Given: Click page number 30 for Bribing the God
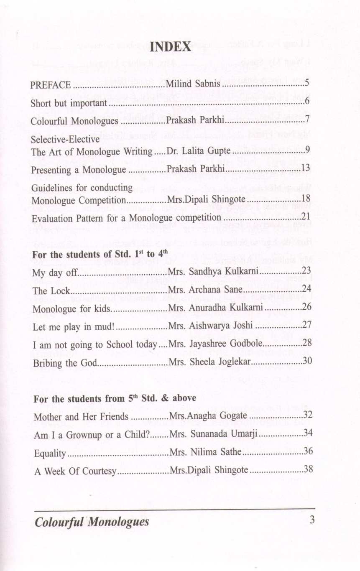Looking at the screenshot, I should pyautogui.click(x=307, y=362).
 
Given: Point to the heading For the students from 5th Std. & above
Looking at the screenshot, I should pyautogui.click(x=115, y=399).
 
